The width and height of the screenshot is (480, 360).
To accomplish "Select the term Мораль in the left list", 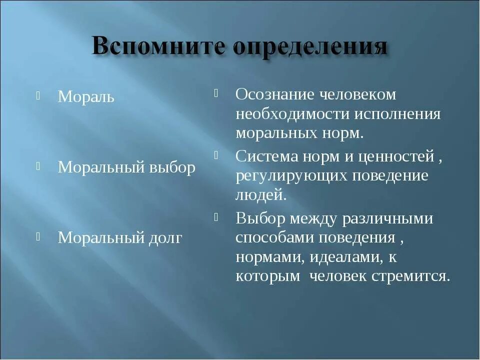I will point(86,97).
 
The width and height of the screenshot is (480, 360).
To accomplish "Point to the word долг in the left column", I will point(164,237).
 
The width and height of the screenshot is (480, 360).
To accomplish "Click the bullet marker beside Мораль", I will point(38,95).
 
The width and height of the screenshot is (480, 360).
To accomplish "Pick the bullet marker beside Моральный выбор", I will point(38,166).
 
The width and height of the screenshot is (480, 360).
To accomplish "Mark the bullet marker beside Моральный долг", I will point(38,236).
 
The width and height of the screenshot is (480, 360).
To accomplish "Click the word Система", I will point(266,156).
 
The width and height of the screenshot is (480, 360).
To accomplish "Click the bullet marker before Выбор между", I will point(217,217).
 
